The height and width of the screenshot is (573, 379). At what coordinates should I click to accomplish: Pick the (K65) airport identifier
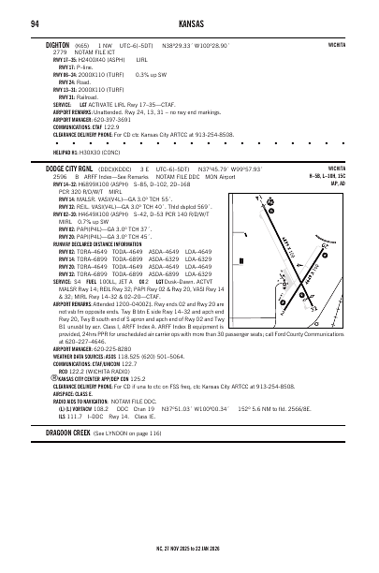(85, 44)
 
